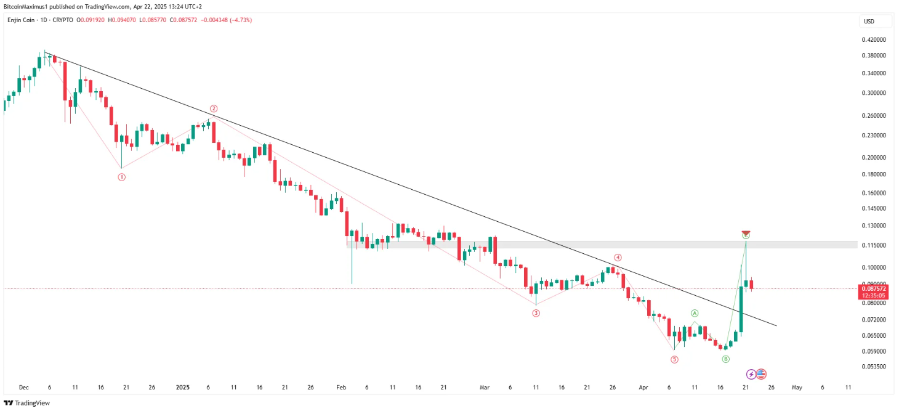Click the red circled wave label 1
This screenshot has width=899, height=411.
(122, 177)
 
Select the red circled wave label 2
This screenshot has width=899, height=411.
(214, 108)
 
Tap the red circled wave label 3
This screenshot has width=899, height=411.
(536, 313)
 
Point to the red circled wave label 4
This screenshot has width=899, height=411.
(617, 258)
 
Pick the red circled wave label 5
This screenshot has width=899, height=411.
(674, 359)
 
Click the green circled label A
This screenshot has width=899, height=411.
(695, 314)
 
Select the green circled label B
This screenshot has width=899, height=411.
(726, 359)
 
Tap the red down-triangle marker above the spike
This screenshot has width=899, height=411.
(746, 233)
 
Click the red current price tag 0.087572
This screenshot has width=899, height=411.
(874, 288)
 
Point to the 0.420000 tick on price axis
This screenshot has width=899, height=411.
(874, 39)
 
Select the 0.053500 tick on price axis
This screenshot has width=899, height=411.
(874, 367)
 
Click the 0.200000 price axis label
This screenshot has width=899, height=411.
(874, 157)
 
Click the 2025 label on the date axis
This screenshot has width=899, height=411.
(182, 388)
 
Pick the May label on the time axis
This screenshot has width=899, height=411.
(797, 388)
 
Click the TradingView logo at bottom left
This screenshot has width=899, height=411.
(26, 403)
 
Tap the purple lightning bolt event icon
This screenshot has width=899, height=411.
(751, 374)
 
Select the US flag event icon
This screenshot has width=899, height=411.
(761, 374)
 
